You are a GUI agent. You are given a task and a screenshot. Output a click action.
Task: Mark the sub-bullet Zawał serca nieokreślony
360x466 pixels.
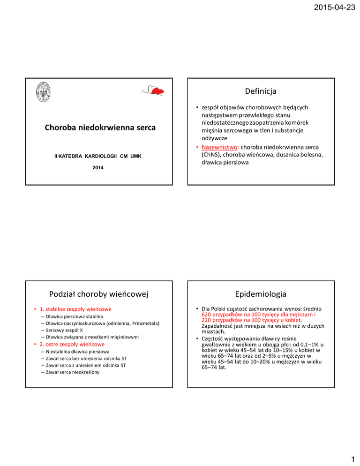[73, 372]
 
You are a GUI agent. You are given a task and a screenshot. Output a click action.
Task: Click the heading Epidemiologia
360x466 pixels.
[261, 293]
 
